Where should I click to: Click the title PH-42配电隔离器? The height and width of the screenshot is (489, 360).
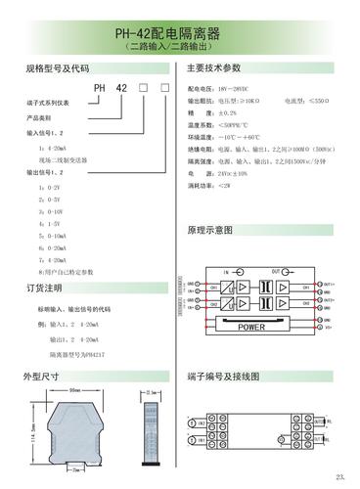tap(180, 33)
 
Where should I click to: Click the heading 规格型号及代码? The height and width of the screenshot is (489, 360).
tap(56, 69)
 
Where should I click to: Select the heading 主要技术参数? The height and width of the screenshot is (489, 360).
tap(213, 69)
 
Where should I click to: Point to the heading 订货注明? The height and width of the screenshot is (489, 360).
tap(44, 289)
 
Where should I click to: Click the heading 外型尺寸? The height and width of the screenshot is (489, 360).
tap(44, 376)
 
